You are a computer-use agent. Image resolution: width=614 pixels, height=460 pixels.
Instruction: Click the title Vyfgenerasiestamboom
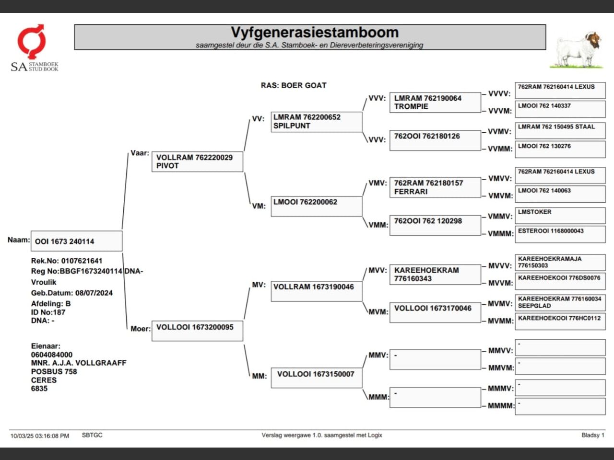[314, 33]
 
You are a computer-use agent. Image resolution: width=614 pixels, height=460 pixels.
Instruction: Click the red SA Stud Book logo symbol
[32, 41]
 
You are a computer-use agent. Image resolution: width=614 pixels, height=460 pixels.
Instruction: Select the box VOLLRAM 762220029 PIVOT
[197, 161]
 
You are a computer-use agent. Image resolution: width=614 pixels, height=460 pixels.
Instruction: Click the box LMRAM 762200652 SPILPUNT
[316, 122]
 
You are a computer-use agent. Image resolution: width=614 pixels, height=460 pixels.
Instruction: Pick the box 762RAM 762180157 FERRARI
[435, 187]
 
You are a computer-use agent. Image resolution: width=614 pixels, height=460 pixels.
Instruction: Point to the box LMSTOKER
[560, 215]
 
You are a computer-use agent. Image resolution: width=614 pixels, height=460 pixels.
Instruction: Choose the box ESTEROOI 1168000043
[560, 234]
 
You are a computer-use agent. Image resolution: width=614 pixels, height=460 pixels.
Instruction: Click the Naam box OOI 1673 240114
[76, 241]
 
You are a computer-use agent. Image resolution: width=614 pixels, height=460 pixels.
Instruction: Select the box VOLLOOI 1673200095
[197, 331]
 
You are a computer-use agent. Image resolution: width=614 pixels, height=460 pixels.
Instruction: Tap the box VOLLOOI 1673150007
[316, 378]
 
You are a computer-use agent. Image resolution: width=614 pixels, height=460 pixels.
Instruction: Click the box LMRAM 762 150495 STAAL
[560, 130]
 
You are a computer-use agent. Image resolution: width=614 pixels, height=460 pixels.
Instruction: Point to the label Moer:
[140, 329]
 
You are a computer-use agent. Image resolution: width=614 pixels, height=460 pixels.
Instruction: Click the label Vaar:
[140, 153]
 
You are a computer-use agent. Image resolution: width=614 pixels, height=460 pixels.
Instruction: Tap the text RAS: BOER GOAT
[294, 85]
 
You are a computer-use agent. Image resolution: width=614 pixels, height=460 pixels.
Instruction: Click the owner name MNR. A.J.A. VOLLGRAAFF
[79, 363]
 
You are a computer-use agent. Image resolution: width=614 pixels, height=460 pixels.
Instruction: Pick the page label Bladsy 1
[593, 435]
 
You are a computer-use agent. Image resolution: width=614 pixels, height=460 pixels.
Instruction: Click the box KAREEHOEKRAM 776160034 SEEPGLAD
[560, 302]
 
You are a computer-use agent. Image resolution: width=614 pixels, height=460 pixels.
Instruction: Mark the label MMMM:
[501, 406]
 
